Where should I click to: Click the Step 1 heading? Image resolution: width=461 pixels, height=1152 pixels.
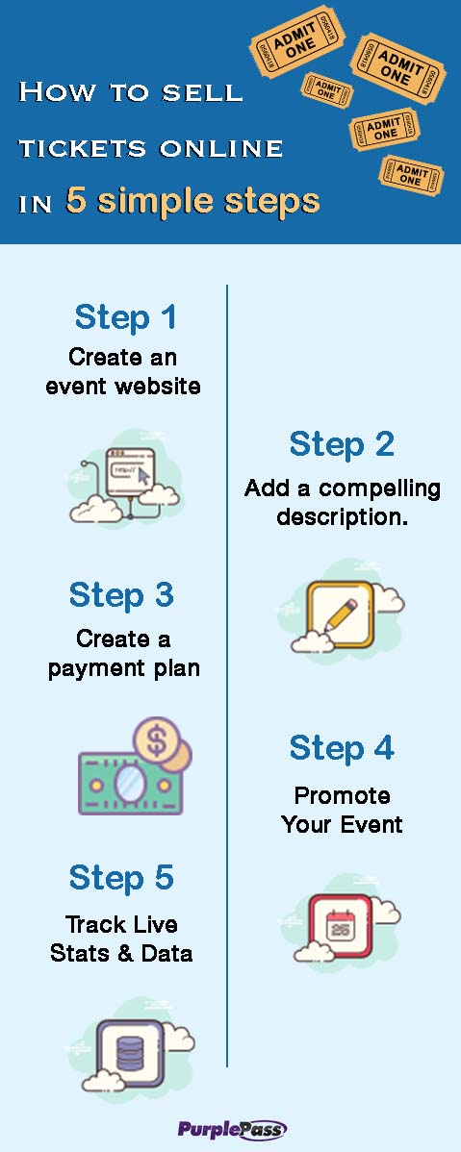coord(125,316)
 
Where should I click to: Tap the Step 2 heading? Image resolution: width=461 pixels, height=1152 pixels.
coord(342,443)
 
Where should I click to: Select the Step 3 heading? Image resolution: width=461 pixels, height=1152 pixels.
coord(121,594)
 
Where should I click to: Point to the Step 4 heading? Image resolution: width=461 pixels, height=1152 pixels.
coord(342,747)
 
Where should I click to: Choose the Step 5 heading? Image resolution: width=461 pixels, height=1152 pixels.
coord(121,877)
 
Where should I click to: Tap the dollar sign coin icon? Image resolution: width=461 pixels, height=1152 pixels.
coord(157,740)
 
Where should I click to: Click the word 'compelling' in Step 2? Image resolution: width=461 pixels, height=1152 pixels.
coord(379,489)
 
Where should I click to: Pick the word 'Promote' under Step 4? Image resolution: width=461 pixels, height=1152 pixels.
coord(342,795)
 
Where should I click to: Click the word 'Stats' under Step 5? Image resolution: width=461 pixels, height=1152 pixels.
coord(76,953)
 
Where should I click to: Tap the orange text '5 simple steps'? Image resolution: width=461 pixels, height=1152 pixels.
coord(192,200)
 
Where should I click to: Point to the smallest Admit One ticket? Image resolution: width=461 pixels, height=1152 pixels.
coord(327,88)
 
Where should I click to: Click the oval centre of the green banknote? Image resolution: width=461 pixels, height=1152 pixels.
coord(129,783)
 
